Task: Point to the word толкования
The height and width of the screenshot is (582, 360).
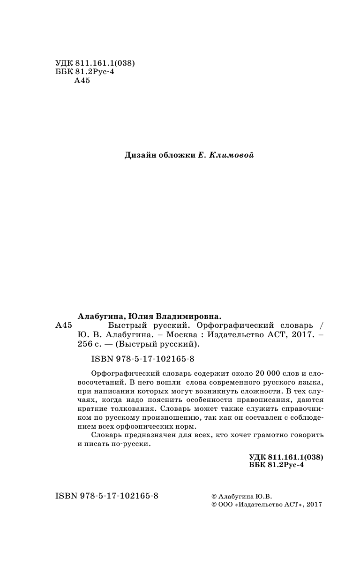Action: pyautogui.click(x=125, y=408)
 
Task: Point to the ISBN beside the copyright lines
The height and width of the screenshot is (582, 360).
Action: pyautogui.click(x=107, y=496)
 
